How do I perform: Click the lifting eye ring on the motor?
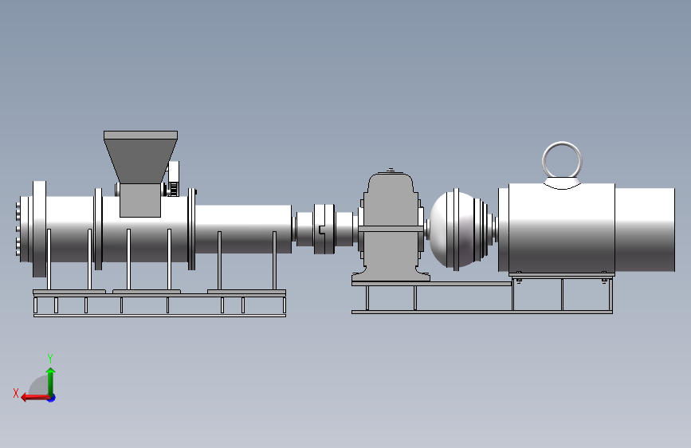[562, 144]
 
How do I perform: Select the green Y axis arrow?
[51, 382]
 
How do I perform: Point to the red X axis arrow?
[35, 398]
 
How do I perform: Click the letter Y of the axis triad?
[50, 359]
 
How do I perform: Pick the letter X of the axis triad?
[16, 393]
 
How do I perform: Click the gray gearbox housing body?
[391, 225]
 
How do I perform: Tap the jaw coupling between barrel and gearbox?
[324, 229]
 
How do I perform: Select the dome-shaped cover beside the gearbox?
[458, 229]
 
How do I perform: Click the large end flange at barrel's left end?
[39, 229]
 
